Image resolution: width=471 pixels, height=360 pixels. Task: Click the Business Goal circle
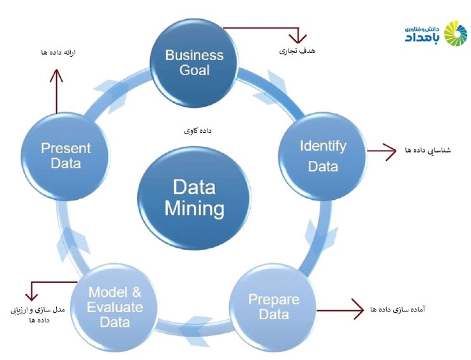pos(194,63)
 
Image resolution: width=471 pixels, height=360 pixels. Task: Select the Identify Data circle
pos(322,156)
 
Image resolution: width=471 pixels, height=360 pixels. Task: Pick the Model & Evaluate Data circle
pos(114,307)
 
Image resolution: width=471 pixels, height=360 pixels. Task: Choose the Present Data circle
pos(66,156)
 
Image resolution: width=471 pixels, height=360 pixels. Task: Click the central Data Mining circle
pos(194,198)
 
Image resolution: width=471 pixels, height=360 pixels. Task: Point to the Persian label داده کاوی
pos(198,130)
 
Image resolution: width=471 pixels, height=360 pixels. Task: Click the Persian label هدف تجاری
pos(297,51)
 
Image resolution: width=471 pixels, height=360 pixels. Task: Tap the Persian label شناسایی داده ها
pos(428,150)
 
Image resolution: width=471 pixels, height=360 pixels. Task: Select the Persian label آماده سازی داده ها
pos(398,309)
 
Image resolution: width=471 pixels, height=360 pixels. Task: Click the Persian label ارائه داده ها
pos(58,52)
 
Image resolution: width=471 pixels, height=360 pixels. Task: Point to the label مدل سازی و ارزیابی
pos(38,310)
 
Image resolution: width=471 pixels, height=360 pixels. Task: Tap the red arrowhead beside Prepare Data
pos(358,309)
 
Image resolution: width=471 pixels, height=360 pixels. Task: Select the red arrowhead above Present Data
pos(56,75)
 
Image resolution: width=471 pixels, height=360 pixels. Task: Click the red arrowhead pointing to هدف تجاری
pos(297,39)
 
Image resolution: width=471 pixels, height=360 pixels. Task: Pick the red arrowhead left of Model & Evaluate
pos(31,296)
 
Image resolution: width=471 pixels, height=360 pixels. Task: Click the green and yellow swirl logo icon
pos(456,34)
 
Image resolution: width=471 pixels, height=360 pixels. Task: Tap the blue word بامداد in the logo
pos(422,38)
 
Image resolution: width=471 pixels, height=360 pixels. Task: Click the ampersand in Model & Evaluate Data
pos(136,292)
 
